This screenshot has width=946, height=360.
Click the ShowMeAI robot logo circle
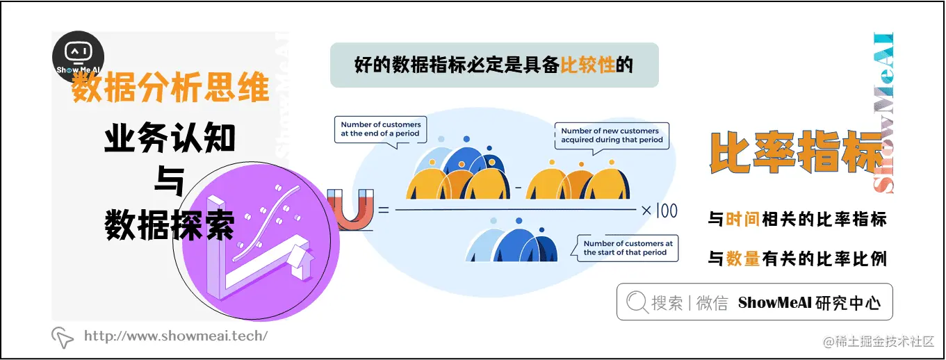click(79, 57)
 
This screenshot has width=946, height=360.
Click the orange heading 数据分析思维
click(170, 90)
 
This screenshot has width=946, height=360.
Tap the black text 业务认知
click(170, 139)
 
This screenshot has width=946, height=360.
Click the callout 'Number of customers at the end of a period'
click(380, 129)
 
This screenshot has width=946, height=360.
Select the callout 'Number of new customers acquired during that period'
click(611, 136)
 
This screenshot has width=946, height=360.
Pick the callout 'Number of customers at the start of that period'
click(628, 248)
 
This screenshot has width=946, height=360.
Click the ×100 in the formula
click(659, 210)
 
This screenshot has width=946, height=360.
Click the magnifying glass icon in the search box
click(637, 302)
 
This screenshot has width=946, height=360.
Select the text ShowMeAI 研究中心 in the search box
click(809, 303)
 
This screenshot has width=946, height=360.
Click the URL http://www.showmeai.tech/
click(175, 336)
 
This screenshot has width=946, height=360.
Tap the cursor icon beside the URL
click(63, 337)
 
